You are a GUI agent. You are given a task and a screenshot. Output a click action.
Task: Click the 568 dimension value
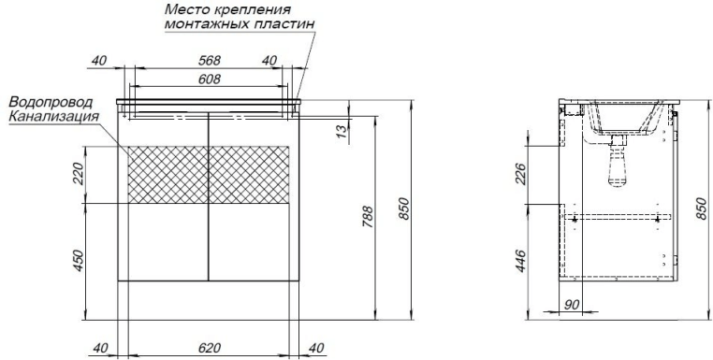pos(210,61)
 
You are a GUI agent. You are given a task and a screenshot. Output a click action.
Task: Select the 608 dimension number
pos(210,79)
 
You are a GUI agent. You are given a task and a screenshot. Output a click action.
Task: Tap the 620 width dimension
pos(210,348)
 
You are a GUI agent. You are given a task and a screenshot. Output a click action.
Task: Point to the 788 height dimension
pos(369,216)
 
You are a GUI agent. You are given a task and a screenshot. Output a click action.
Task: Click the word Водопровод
pos(53,102)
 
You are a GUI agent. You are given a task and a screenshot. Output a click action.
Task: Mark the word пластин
pos(286,23)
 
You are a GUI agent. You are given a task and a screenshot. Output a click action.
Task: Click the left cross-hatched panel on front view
pos(166,175)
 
